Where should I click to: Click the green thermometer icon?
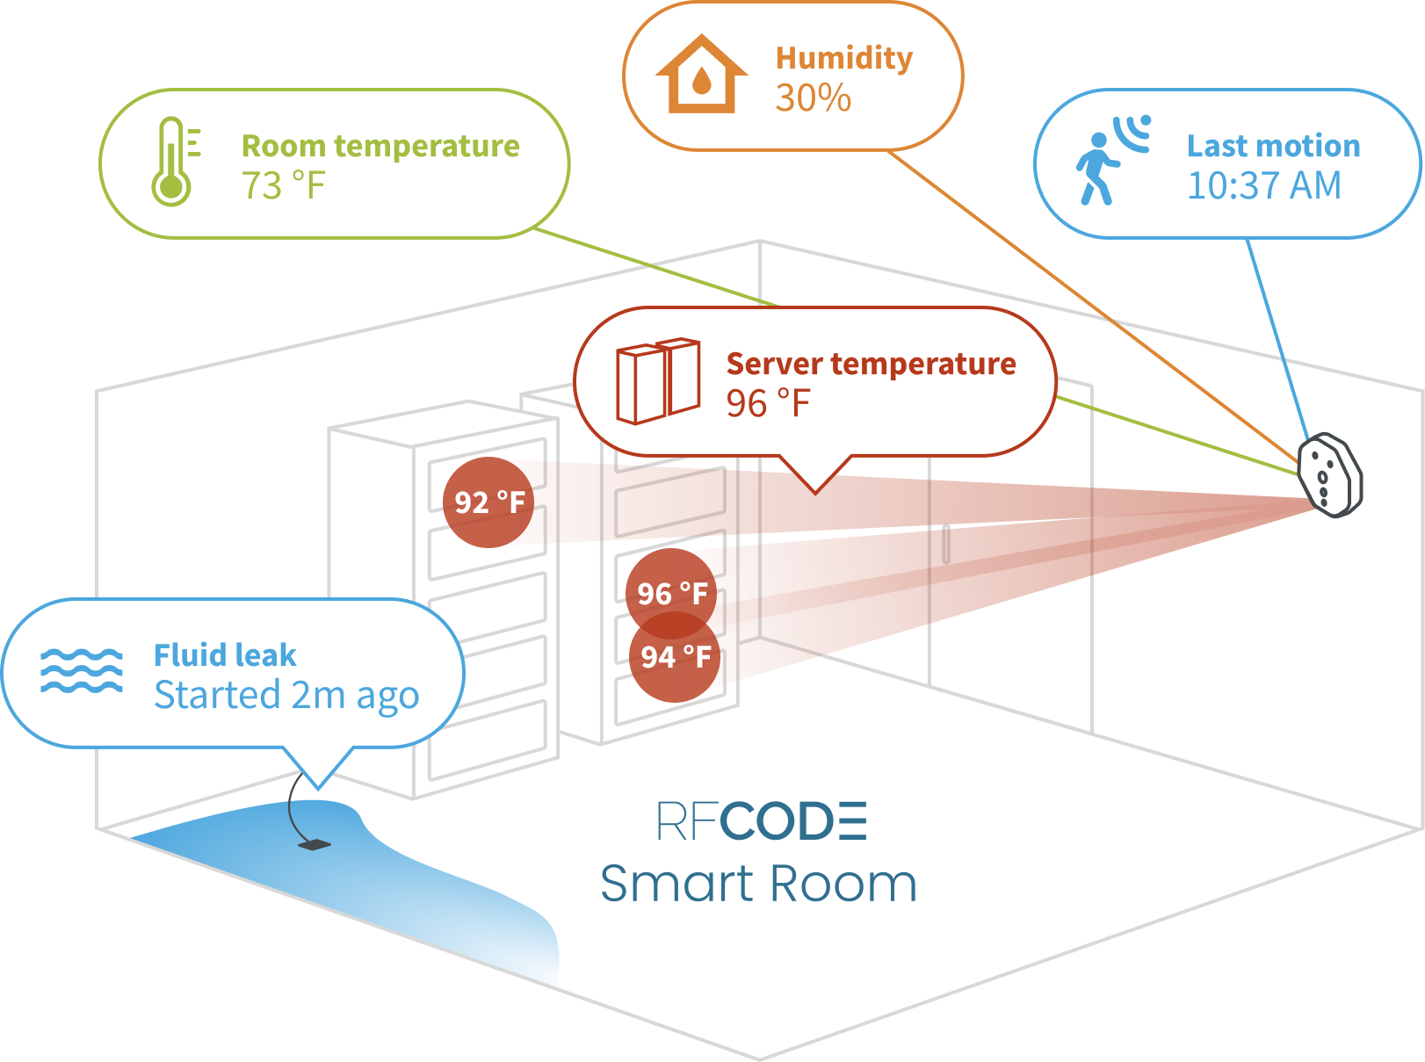pos(173,163)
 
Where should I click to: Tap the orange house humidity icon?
pos(700,76)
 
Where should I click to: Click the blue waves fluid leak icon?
pos(82,671)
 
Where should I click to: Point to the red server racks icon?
pos(658,380)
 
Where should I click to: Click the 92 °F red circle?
pos(488,502)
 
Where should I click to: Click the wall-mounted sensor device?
pos(1329,475)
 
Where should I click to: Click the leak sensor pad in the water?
pos(314,845)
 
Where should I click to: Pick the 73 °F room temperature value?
pos(283,186)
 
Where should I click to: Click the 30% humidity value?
pos(813,98)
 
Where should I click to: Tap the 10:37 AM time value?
pos(1263,185)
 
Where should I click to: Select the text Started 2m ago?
pos(286,695)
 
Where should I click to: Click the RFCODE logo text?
pos(761,822)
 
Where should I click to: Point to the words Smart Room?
pos(758,884)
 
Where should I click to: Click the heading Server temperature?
pos(871,364)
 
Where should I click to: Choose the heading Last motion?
pos(1273,146)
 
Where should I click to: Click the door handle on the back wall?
pos(946,544)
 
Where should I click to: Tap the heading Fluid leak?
pos(225,655)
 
